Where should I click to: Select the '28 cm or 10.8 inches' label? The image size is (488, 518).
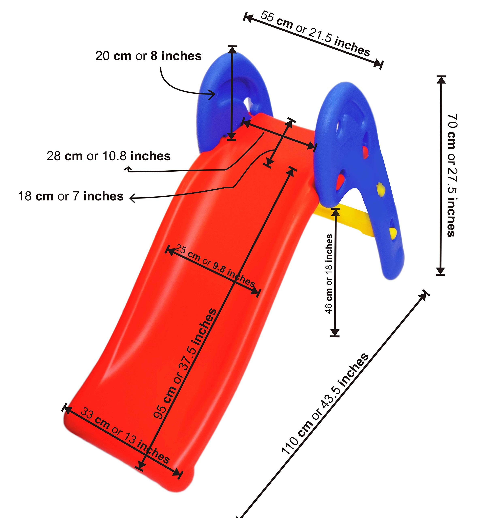point(109,156)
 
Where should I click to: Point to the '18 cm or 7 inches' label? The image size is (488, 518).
point(71,196)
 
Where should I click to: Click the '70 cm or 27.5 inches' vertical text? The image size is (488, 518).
point(452,175)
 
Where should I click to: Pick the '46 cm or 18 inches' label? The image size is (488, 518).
point(329,274)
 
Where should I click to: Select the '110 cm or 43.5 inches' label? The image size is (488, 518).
point(325,404)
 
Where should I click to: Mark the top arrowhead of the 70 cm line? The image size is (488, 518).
point(441,80)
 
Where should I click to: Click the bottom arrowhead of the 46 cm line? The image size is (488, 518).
point(335,332)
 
